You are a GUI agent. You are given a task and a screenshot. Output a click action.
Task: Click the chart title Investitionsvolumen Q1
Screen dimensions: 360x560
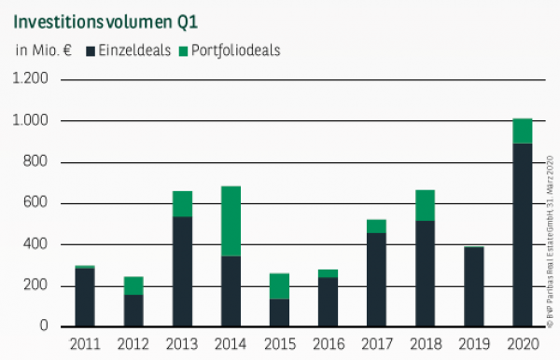[104, 18]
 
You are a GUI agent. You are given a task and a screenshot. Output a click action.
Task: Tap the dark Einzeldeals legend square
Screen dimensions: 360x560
[91, 50]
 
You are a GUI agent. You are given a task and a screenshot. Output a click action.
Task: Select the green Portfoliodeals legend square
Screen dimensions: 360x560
[183, 50]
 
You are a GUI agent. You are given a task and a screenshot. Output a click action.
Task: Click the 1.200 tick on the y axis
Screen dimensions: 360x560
[30, 80]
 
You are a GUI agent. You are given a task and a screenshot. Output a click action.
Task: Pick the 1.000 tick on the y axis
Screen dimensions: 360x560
[30, 121]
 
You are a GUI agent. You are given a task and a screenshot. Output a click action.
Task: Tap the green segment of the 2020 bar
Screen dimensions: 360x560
[523, 131]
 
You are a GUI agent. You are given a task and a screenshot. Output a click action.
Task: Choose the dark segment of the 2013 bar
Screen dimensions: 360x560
[182, 271]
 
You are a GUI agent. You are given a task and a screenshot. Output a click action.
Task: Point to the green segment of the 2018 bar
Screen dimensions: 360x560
[426, 205]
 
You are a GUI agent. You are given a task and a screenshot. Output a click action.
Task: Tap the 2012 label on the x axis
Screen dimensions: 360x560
[133, 345]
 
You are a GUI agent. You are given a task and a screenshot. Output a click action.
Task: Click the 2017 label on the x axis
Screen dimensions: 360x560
[377, 345]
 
